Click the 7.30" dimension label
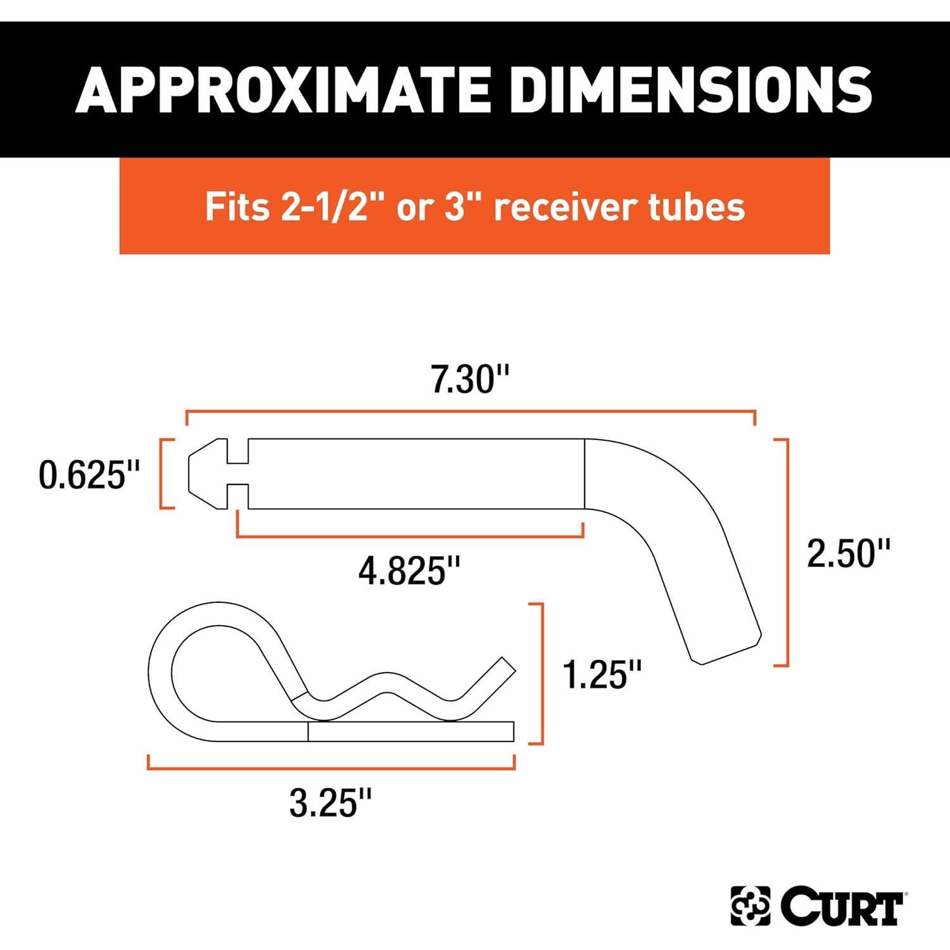(x=470, y=379)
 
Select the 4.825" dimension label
(x=409, y=571)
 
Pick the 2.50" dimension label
(x=848, y=553)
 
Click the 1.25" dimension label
(x=602, y=674)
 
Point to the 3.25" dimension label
(x=330, y=803)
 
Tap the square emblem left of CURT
(x=750, y=906)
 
